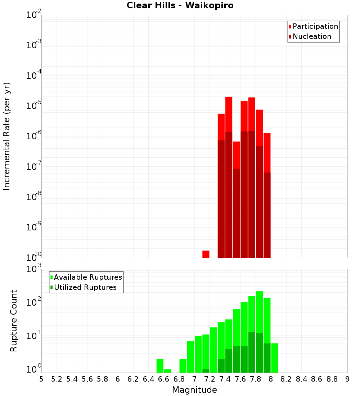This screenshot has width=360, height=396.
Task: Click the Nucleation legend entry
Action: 312,36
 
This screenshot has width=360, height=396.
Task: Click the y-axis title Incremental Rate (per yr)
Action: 7,136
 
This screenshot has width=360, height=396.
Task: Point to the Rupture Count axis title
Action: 14,321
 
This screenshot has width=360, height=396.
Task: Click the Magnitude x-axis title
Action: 194,390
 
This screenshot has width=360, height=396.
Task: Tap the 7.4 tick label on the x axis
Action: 225,379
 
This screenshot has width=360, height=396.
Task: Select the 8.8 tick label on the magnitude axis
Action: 332,379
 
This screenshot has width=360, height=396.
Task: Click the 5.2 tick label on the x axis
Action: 57,379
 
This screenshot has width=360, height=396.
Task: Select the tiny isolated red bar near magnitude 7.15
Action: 206,254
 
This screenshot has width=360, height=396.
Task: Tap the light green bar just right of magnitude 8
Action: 275,358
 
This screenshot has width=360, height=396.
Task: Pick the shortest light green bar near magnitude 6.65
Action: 167,371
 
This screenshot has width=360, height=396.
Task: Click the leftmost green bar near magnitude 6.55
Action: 160,366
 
